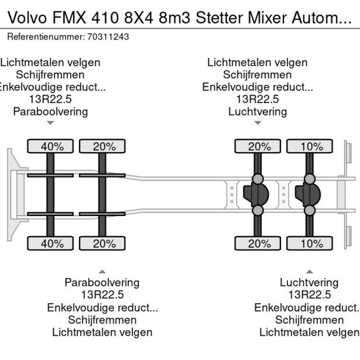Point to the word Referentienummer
45,37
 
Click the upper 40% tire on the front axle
52,146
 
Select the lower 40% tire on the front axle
52,243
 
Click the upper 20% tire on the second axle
103,146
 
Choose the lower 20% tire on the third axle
259,243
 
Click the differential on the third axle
257,195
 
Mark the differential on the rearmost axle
308,195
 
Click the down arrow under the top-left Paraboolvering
51,123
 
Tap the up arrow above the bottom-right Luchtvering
309,271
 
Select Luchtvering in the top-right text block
257,111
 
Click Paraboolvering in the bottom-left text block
102,282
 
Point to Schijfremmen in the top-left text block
51,75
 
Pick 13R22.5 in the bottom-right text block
309,295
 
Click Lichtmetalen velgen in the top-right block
257,62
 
